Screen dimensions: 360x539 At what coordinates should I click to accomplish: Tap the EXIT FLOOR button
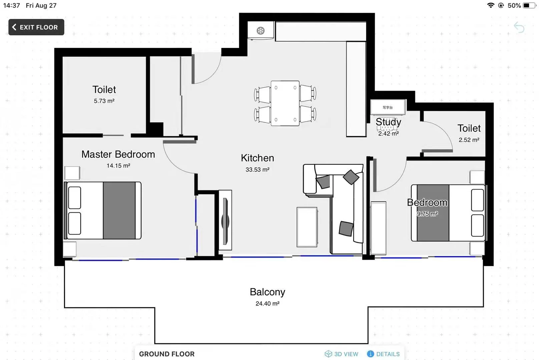[36, 27]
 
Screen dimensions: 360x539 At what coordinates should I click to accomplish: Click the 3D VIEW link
[342, 354]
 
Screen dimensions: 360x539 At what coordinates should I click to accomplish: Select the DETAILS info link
[384, 354]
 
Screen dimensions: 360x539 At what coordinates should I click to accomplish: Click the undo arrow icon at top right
[519, 27]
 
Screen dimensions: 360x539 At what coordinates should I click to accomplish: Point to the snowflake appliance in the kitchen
[260, 31]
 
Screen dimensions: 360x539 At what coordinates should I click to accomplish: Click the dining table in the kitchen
[285, 103]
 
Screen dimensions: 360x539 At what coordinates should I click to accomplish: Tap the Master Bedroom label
[118, 154]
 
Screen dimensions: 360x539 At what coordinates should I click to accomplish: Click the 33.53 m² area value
[257, 170]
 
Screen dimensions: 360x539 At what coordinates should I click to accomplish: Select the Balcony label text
[267, 292]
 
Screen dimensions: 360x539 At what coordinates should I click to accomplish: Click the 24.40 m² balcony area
[267, 304]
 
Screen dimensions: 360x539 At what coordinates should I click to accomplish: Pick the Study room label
[388, 122]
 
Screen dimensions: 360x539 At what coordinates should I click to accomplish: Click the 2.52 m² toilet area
[469, 140]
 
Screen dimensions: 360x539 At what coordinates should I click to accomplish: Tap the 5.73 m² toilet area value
[104, 101]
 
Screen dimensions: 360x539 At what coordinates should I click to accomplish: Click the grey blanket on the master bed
[119, 210]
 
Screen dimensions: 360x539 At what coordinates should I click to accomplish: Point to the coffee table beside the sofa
[307, 227]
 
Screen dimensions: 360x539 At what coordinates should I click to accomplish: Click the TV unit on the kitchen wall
[225, 220]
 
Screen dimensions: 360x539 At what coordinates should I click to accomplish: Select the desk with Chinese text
[388, 107]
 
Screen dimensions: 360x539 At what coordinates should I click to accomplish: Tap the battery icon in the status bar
[529, 5]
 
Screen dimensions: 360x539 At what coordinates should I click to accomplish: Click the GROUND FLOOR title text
[167, 354]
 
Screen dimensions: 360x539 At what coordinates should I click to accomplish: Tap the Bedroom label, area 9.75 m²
[427, 203]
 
